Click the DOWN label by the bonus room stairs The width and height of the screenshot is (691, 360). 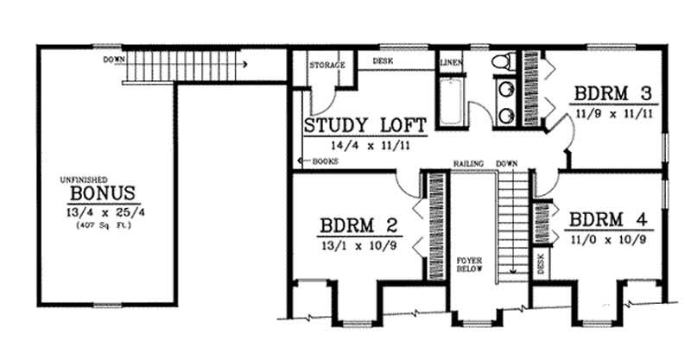[x=111, y=60]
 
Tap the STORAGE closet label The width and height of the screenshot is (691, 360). [x=328, y=65]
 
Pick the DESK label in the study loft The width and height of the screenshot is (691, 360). [x=384, y=61]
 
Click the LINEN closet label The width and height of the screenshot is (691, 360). [x=451, y=64]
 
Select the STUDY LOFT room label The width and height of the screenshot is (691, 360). [x=365, y=127]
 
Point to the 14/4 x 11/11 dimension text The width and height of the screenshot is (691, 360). [x=365, y=145]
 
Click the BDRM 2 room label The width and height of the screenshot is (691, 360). [x=358, y=226]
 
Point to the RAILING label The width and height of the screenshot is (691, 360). [x=469, y=162]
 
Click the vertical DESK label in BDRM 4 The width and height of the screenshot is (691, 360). [x=541, y=264]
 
